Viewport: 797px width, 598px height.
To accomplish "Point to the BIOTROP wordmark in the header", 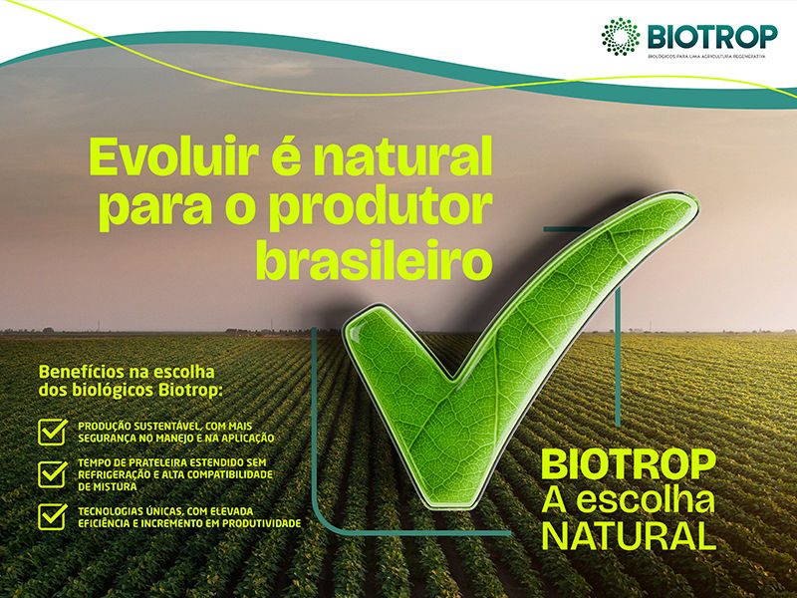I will click(712, 36).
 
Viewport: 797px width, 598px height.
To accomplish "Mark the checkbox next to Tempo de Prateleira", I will click(52, 472).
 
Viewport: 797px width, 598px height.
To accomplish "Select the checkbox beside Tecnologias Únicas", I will click(52, 515).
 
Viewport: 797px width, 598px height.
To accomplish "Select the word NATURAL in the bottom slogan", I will click(629, 534).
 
